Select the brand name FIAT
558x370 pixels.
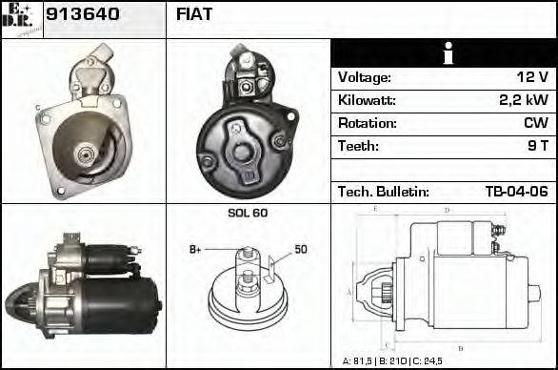pyautogui.click(x=194, y=14)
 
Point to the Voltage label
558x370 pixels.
pyautogui.click(x=364, y=77)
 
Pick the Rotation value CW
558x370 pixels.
pyautogui.click(x=535, y=123)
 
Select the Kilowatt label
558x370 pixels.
pyautogui.click(x=367, y=100)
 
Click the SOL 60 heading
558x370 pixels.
pyautogui.click(x=248, y=213)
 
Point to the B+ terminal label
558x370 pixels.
pyautogui.click(x=195, y=250)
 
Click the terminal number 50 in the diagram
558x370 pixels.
pyautogui.click(x=300, y=250)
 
